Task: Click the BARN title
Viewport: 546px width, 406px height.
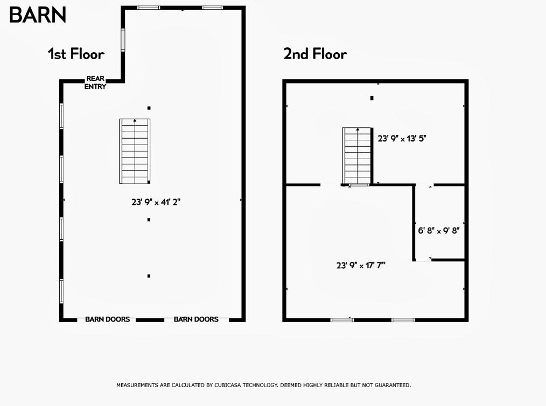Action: pyautogui.click(x=37, y=15)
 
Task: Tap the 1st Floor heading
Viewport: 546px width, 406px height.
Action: pyautogui.click(x=76, y=54)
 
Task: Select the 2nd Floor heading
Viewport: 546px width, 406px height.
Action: pyautogui.click(x=315, y=54)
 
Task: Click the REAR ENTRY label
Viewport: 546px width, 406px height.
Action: pyautogui.click(x=95, y=83)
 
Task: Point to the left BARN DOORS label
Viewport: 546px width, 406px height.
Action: pyautogui.click(x=107, y=319)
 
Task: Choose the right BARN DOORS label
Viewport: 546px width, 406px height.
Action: pyautogui.click(x=196, y=319)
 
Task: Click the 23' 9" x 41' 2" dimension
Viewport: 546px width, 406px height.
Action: pyautogui.click(x=156, y=202)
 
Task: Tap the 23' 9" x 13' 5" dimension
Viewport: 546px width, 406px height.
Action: pyautogui.click(x=402, y=138)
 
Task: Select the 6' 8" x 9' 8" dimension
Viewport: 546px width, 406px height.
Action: pyautogui.click(x=438, y=231)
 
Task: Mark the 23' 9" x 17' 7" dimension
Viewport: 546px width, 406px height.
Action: pyautogui.click(x=361, y=265)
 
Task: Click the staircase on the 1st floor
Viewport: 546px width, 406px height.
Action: pyautogui.click(x=135, y=152)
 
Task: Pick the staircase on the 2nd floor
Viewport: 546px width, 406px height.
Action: pyautogui.click(x=358, y=156)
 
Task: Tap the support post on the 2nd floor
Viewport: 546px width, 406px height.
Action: pyautogui.click(x=372, y=98)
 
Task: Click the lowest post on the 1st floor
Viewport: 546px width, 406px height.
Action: pyautogui.click(x=149, y=276)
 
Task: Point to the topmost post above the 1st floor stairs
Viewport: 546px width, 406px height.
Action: pyautogui.click(x=149, y=108)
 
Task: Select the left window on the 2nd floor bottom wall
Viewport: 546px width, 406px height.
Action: pyautogui.click(x=342, y=320)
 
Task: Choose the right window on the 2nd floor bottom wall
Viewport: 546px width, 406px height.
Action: pyautogui.click(x=403, y=320)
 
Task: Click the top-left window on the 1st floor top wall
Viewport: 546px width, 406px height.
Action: pyautogui.click(x=149, y=8)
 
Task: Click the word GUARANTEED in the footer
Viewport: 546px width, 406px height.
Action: pyautogui.click(x=390, y=385)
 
